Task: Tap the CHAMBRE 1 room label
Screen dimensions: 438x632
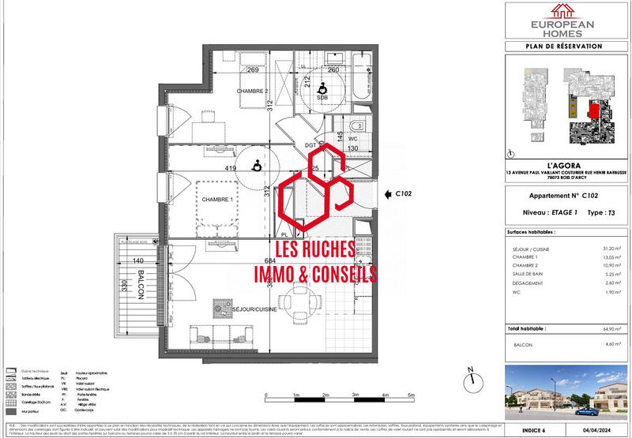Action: (x=216, y=199)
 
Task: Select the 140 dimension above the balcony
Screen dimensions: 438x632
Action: (x=137, y=260)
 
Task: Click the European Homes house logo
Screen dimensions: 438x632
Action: (x=563, y=11)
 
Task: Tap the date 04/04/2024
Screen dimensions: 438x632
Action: (x=606, y=431)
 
